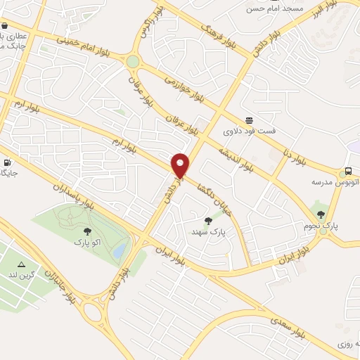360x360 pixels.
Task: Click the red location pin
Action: [181, 166]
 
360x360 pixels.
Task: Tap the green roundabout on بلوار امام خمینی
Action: [133, 62]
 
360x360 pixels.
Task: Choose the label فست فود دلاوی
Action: [250, 131]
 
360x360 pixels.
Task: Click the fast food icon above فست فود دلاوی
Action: [249, 120]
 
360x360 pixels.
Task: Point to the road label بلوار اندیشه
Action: [235, 160]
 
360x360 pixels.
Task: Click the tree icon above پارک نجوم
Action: [321, 214]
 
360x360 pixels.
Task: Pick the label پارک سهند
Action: [208, 231]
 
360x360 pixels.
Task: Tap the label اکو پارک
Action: [87, 242]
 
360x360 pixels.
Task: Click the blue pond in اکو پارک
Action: [120, 250]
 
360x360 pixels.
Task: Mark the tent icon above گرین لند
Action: [20, 265]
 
